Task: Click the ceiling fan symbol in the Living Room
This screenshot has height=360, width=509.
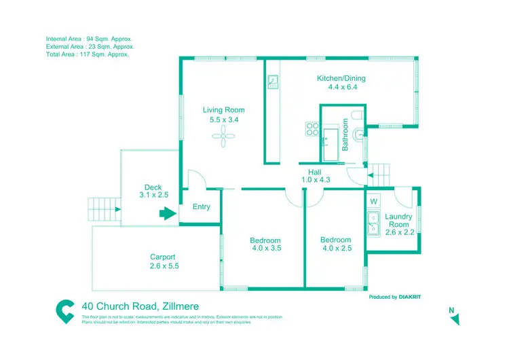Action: [x=224, y=137]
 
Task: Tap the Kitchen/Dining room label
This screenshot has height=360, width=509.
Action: [x=337, y=78]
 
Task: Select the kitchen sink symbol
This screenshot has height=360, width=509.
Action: [x=273, y=83]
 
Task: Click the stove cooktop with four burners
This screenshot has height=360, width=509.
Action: [x=313, y=129]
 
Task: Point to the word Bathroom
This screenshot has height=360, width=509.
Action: [x=345, y=134]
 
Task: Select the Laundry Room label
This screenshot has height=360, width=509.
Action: [x=398, y=221]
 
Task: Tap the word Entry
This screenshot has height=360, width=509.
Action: [x=202, y=207]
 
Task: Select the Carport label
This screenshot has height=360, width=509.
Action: [x=163, y=257]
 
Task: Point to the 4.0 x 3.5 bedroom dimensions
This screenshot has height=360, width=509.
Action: [x=265, y=249]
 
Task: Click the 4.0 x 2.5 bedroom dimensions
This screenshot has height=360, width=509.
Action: [x=335, y=249]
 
